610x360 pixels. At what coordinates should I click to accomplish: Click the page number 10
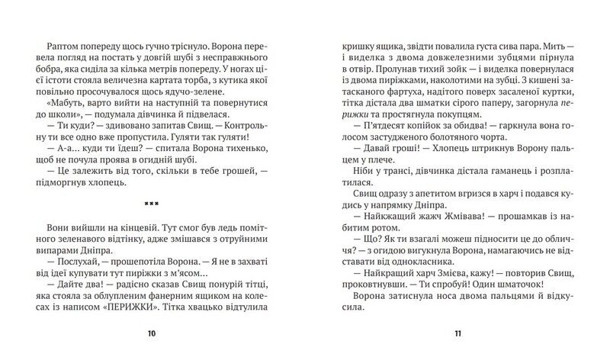(152, 333)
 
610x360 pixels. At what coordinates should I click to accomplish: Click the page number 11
(457, 333)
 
